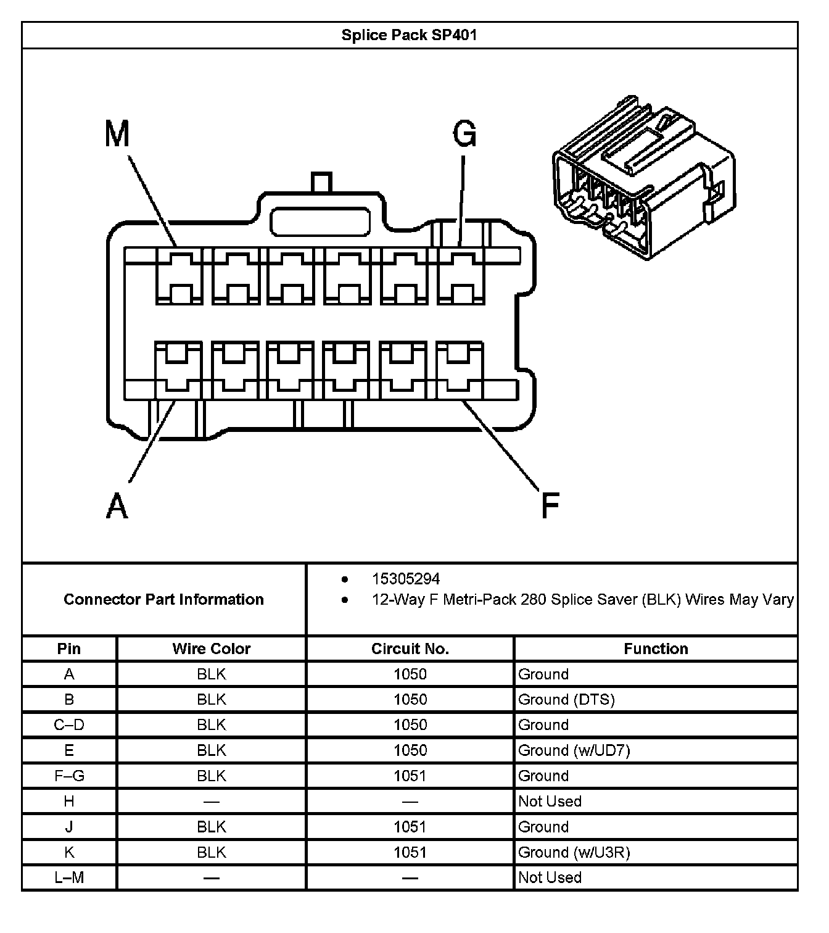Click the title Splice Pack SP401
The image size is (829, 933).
click(409, 35)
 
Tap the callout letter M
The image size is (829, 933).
click(117, 133)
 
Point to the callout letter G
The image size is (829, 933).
click(464, 133)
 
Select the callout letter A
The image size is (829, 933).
click(117, 507)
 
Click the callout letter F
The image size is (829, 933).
click(549, 505)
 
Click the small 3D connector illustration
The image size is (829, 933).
click(643, 177)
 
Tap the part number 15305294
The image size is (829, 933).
click(406, 579)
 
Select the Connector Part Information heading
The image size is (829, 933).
click(163, 599)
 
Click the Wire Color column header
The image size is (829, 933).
click(211, 649)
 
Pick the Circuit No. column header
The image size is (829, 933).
click(410, 649)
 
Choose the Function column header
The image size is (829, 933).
click(656, 649)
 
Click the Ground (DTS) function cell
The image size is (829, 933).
click(566, 699)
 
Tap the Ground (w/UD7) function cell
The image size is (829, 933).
click(574, 750)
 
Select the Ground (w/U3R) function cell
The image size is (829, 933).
click(574, 852)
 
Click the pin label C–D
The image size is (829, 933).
click(69, 725)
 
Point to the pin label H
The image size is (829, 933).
click(69, 801)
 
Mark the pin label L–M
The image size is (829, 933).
click(69, 877)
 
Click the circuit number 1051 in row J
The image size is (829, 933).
click(410, 827)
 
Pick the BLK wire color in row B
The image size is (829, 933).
click(211, 699)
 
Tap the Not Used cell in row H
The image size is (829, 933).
click(550, 801)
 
